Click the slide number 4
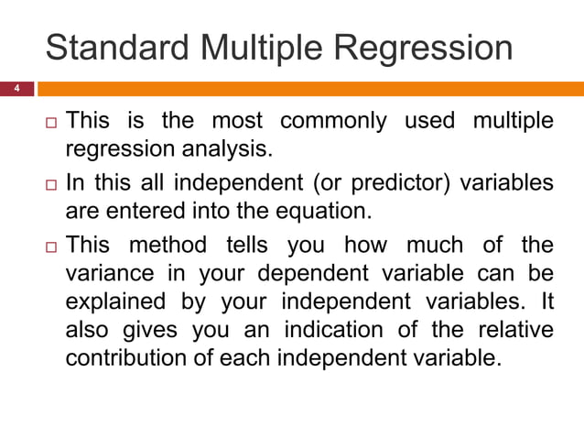(15, 89)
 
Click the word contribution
(122, 356)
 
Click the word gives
(142, 330)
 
